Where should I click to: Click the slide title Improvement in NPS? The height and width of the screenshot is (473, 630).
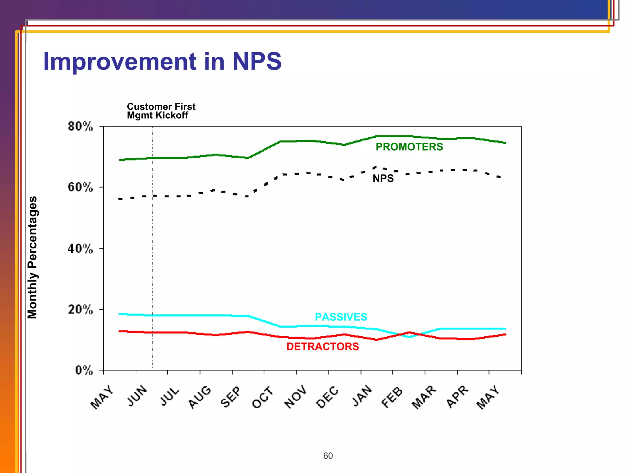pos(162,61)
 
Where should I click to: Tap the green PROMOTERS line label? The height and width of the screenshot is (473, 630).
pos(409,147)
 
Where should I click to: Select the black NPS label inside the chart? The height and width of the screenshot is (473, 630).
pos(383,178)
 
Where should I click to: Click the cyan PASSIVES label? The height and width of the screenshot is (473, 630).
pos(341,317)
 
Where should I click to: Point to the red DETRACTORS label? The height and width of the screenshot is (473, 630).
pos(322,346)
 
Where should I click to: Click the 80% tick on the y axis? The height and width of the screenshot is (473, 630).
pos(80,127)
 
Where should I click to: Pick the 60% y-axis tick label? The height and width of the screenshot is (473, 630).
pos(80,187)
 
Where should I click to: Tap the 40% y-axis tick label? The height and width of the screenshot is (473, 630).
pos(80,249)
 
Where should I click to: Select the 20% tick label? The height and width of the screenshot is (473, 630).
pos(80,309)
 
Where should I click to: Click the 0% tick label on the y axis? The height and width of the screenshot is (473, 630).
pos(84,370)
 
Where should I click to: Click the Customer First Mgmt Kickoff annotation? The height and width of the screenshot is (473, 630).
pos(161,111)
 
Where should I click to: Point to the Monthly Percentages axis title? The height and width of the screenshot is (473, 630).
pos(32,257)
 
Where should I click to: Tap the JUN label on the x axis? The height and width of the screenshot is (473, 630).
pos(137,396)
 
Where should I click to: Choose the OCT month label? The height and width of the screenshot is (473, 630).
pos(262,397)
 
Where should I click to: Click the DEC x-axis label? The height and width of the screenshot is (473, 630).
pos(327,397)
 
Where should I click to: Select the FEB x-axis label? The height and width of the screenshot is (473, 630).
pos(392,397)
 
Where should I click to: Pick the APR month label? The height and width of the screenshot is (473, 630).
pos(457,397)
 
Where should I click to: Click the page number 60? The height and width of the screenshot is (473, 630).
pos(328,456)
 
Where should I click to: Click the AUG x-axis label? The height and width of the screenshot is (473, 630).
pos(200,397)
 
